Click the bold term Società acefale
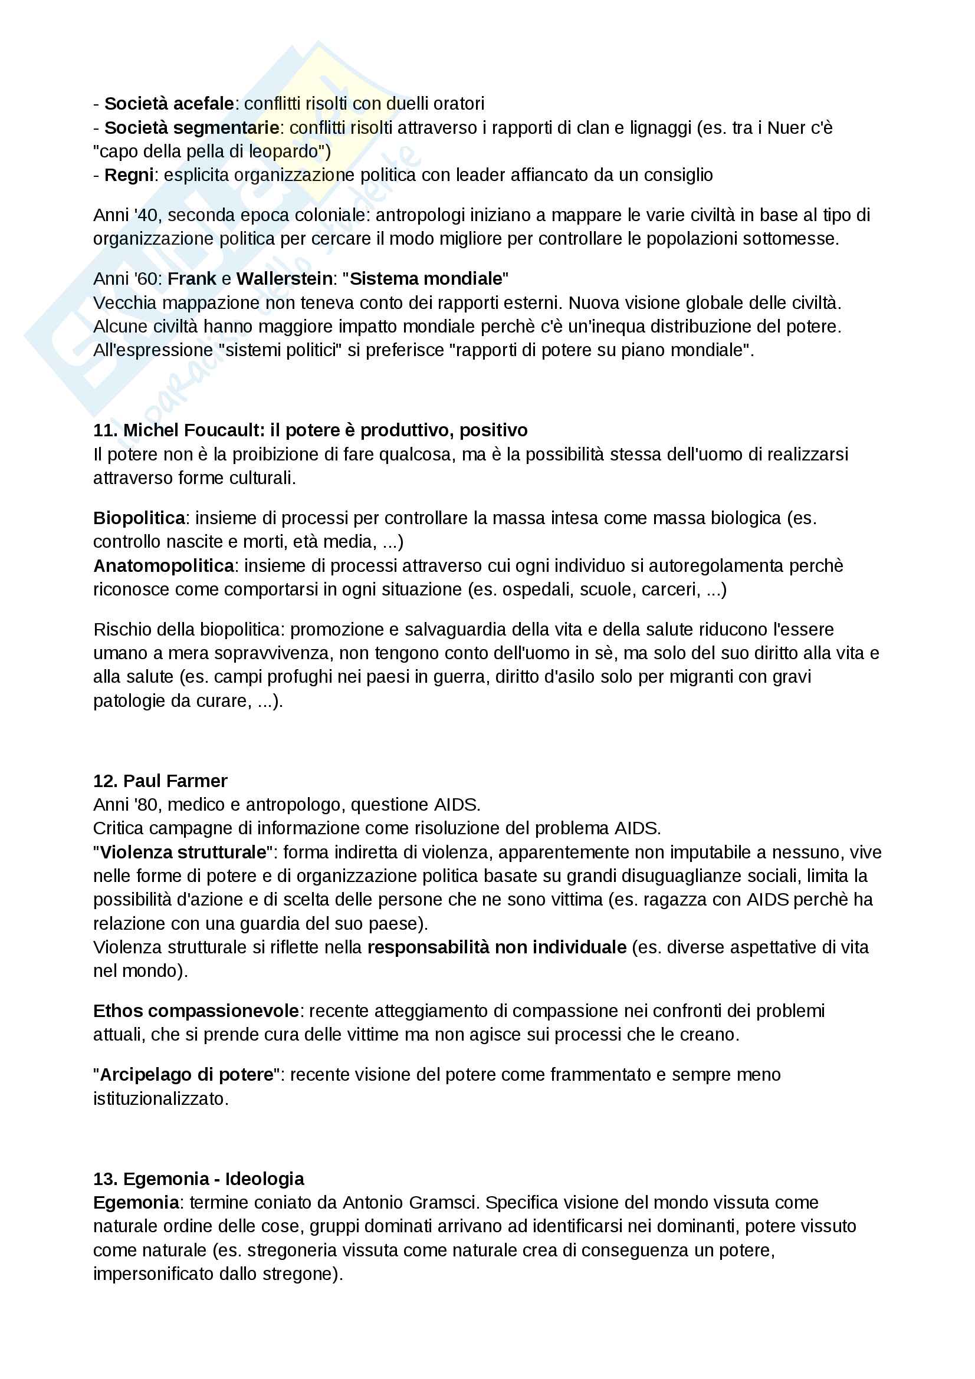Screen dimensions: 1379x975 pos(169,104)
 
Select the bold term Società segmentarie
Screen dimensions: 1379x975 pos(192,128)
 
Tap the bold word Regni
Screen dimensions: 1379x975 pos(129,175)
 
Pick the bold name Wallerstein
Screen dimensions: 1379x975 pos(284,279)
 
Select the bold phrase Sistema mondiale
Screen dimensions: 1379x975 pos(425,279)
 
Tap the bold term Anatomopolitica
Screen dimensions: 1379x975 pos(163,566)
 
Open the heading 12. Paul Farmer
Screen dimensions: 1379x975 pos(160,781)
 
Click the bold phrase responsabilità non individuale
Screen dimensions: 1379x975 pos(497,947)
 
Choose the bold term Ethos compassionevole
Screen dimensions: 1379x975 pos(196,1011)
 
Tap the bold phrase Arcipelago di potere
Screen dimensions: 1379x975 pos(186,1075)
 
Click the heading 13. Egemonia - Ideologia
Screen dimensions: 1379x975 pos(198,1179)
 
